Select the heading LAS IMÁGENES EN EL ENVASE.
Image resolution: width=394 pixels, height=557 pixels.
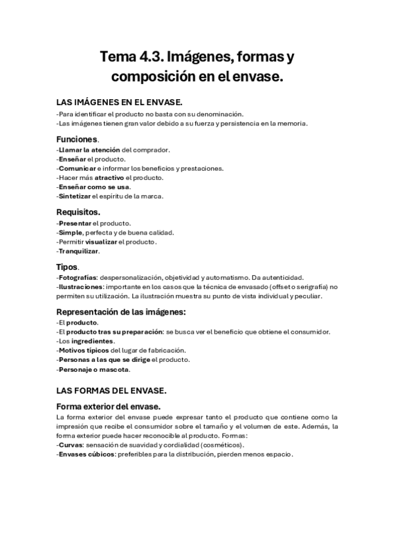[120, 102]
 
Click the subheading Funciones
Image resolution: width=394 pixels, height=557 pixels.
[77, 139]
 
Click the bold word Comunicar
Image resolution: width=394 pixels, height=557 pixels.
[77, 168]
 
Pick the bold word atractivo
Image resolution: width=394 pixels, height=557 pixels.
[109, 177]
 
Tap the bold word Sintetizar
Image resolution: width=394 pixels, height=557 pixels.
[74, 196]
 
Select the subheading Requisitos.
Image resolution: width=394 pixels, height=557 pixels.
[78, 212]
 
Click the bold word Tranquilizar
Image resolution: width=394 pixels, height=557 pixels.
[79, 251]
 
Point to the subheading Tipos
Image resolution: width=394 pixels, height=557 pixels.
[67, 267]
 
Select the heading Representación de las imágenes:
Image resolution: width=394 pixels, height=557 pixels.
[121, 312]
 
